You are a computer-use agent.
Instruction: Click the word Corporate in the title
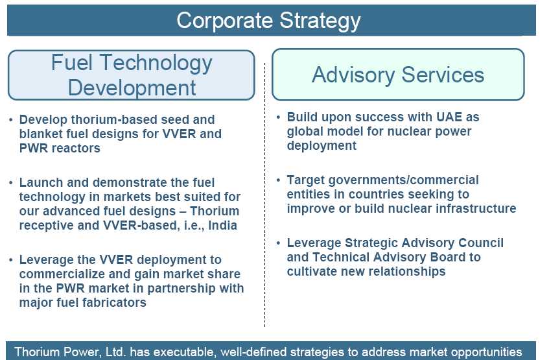coord(224,21)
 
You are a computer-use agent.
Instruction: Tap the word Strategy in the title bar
coord(320,21)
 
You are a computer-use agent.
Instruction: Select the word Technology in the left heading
coord(156,64)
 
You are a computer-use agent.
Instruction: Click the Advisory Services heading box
coord(398,75)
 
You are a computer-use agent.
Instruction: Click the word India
coord(223,225)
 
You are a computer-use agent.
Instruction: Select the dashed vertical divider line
coord(264,195)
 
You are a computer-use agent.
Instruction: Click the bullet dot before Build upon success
coord(278,117)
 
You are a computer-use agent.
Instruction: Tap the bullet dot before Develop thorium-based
coord(11,120)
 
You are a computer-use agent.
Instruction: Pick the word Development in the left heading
coord(132,88)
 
